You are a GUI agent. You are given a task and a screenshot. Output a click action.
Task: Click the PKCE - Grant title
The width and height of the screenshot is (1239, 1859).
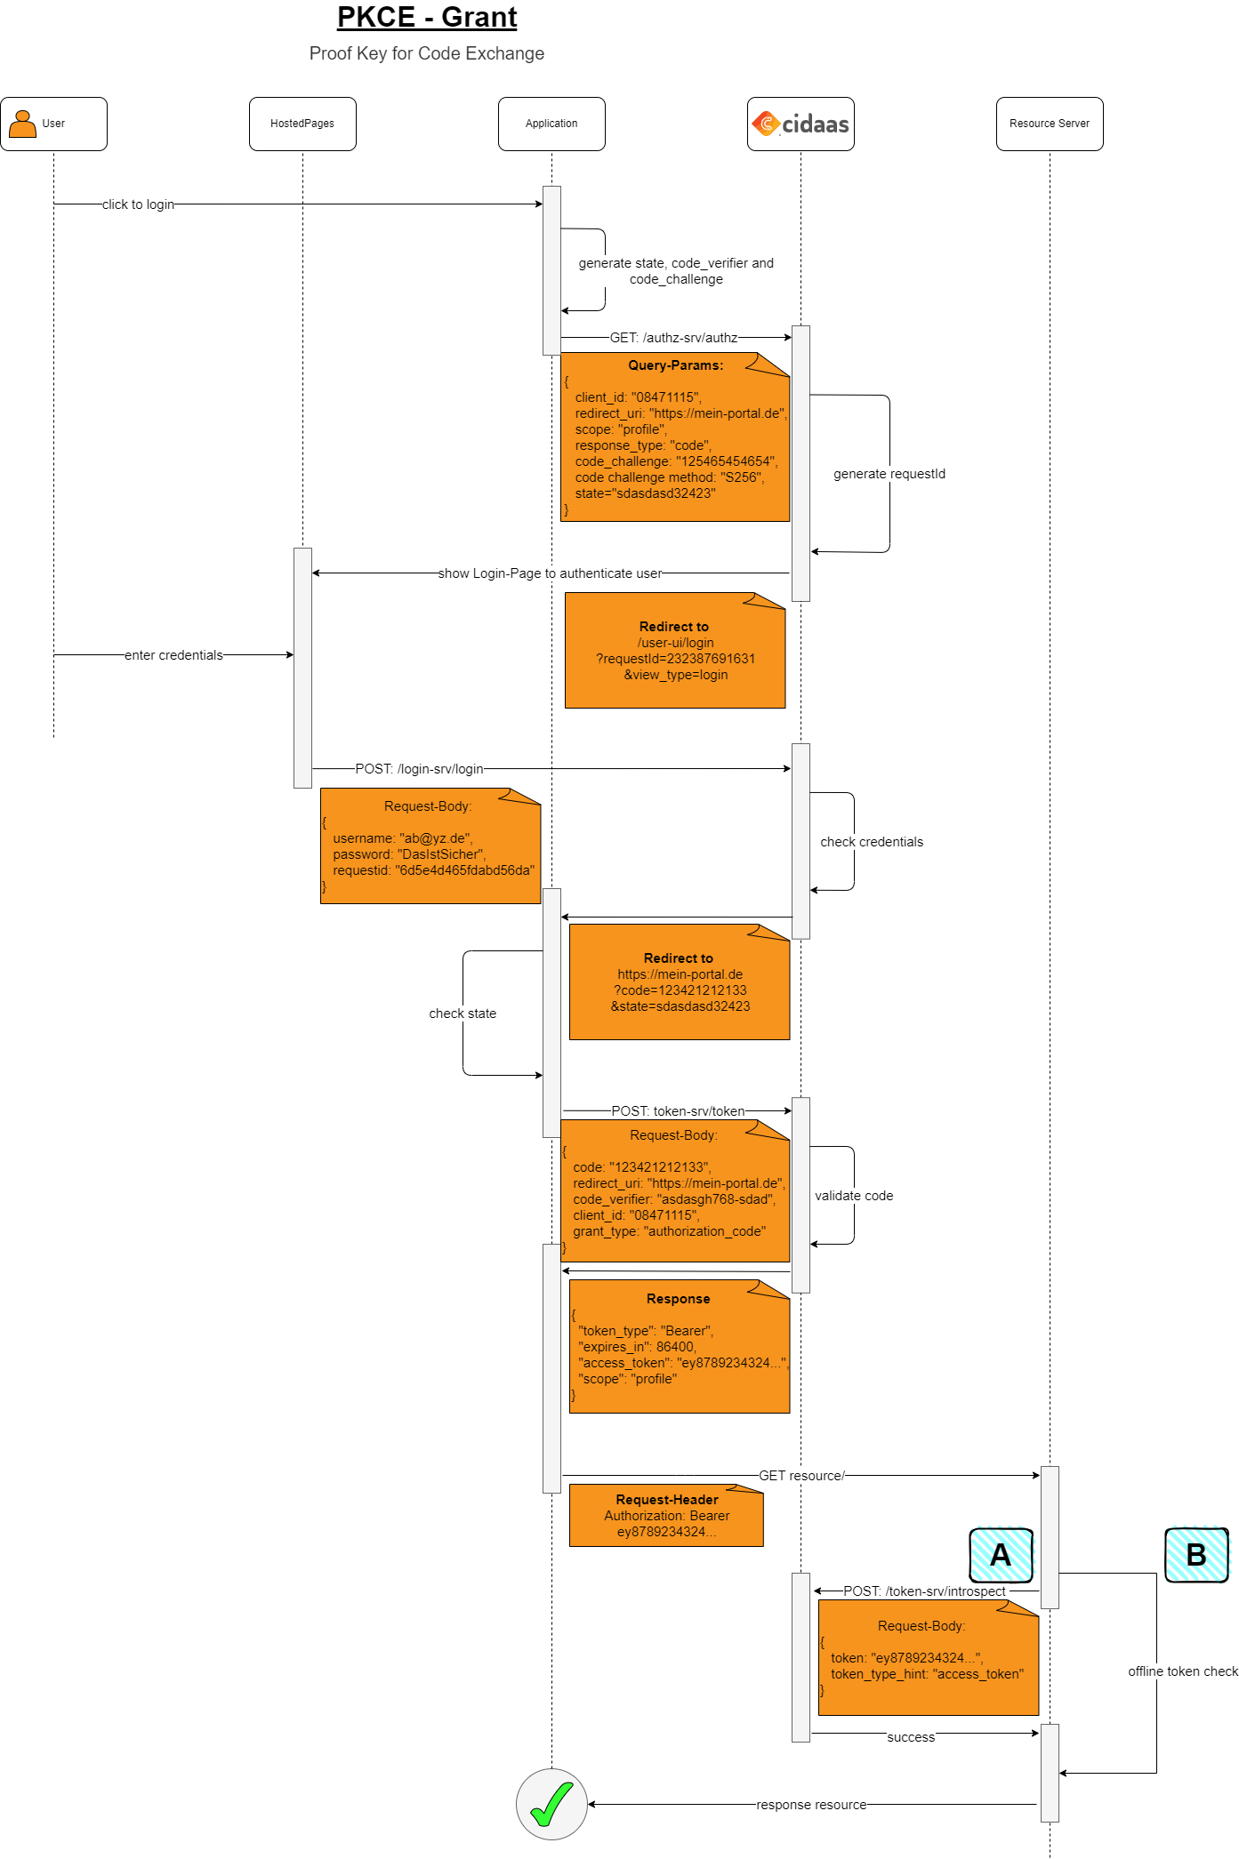(426, 18)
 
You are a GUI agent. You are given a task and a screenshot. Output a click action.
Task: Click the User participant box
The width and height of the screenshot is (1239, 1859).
(53, 124)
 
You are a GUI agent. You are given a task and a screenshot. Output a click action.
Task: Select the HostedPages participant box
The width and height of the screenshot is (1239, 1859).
(302, 124)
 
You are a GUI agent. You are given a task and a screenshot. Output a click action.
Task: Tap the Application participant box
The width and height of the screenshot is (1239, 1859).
(551, 124)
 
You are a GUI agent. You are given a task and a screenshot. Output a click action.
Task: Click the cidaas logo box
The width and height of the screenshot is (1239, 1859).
(801, 124)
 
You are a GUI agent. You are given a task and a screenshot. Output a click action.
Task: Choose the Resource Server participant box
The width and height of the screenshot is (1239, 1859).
(1050, 124)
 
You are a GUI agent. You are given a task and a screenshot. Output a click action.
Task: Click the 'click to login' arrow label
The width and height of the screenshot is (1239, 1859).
(138, 204)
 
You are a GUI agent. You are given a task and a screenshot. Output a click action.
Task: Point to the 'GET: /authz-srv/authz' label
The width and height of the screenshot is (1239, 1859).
(673, 338)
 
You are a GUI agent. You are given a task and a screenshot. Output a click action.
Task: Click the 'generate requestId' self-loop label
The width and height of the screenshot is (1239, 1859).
(889, 474)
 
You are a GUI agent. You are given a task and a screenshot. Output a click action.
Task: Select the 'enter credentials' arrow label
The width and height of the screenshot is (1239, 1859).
(173, 655)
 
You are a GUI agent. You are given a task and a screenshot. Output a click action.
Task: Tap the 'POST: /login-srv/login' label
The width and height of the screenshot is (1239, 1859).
(419, 769)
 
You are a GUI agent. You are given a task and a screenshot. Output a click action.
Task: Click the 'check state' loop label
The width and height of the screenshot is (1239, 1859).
(463, 1014)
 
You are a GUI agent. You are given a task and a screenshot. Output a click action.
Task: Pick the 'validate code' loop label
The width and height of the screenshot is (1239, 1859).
(854, 1196)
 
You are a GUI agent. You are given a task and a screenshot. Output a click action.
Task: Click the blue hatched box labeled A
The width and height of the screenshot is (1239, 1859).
(1001, 1555)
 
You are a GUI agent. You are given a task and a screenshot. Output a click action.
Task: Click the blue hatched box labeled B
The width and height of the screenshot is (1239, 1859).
(1196, 1555)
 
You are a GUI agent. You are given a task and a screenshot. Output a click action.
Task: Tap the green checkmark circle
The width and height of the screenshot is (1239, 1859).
(551, 1804)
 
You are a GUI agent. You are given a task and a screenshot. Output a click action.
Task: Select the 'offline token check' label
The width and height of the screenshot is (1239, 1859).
(1182, 1671)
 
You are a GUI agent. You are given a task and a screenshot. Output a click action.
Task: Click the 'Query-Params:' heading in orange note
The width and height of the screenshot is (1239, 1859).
(675, 365)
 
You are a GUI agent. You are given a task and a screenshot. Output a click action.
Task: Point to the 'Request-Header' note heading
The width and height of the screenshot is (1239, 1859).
(666, 1500)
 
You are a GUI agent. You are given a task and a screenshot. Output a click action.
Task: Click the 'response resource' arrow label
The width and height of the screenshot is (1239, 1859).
(811, 1805)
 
